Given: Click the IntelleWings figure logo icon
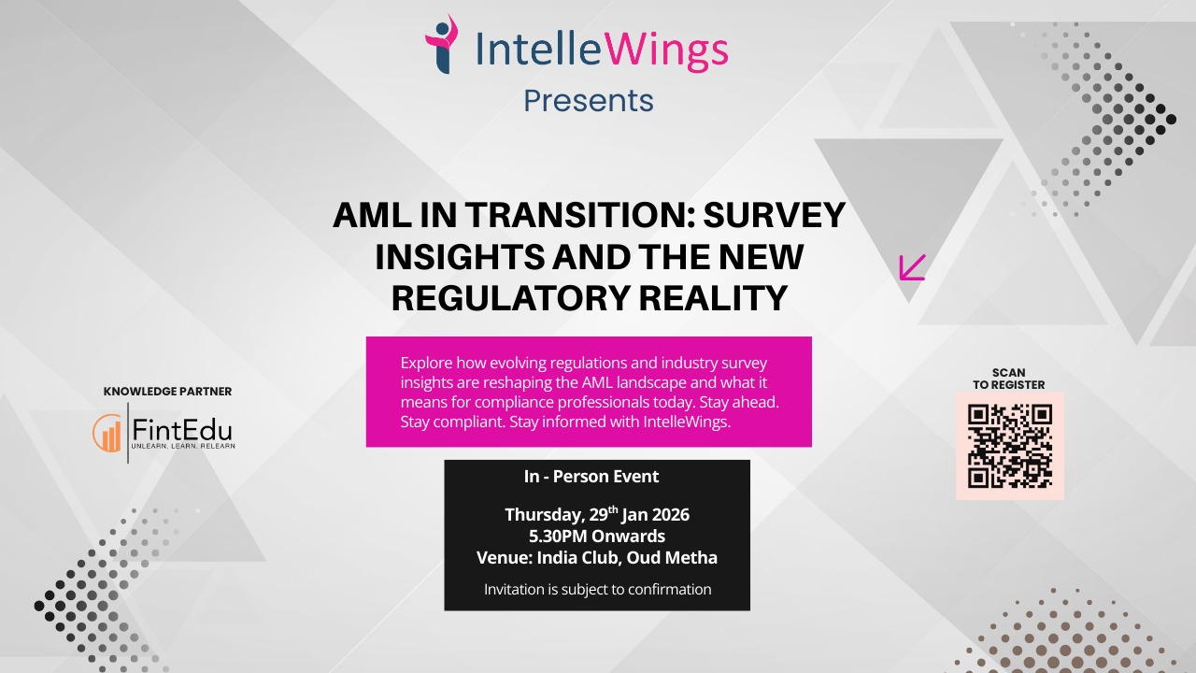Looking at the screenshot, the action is point(442,44).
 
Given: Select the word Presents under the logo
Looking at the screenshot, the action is point(589,100).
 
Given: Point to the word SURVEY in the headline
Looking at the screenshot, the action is point(775,215).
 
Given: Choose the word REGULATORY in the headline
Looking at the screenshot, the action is point(510,297).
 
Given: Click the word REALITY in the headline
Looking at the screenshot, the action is point(713,297).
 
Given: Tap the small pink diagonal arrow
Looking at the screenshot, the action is point(913,267).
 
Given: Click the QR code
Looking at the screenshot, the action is point(1010,446).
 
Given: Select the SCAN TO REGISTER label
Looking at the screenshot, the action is point(1008,379).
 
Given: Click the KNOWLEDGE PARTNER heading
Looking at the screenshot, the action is point(167,392).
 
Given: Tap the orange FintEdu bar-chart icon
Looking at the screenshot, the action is point(107,433).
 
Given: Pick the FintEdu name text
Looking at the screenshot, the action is point(182,429).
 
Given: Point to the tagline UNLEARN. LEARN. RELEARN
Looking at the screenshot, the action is point(183,446).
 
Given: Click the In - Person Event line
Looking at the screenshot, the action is point(591,477).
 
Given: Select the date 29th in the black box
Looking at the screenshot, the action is point(604,514).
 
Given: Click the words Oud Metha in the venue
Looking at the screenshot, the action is point(672,558).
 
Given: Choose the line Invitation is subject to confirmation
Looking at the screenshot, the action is point(597,589).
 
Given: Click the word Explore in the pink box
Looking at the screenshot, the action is point(426,364).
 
